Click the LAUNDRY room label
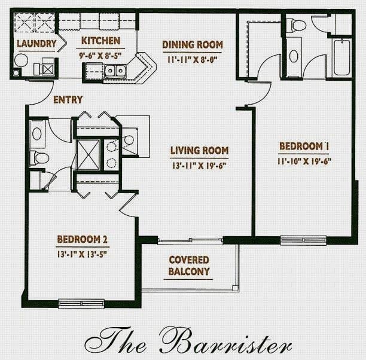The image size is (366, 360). coord(36,44)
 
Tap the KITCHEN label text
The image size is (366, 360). coord(100,41)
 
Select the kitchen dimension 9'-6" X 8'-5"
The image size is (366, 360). coord(100,56)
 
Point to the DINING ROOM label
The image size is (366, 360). coord(193,45)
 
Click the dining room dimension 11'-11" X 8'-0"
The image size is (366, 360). coord(193,60)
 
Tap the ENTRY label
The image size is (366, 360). coord(68,100)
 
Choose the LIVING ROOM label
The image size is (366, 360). coord(199,151)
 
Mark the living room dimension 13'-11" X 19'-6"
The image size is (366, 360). coord(199,166)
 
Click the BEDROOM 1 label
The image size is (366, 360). coord(304,147)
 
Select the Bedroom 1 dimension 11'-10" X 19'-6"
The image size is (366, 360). coord(304,161)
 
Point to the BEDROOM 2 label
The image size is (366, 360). coord(82,239)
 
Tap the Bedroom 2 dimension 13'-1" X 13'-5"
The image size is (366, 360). coord(82,254)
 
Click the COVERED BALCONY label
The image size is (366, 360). coord(189,266)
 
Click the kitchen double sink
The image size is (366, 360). coord(115,71)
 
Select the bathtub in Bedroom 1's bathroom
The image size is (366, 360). coord(342,57)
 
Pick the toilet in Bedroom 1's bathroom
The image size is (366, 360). coord(295,25)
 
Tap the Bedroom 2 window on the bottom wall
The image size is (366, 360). coord(81,304)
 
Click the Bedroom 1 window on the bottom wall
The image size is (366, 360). coord(303,240)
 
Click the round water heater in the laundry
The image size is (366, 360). coord(22,60)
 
